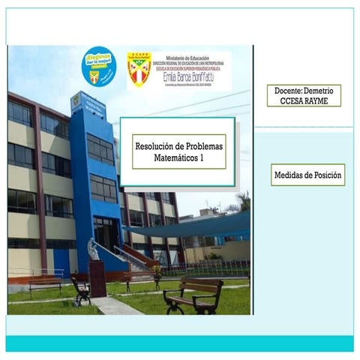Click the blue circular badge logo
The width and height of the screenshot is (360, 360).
click(98, 67)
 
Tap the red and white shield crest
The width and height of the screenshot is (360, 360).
click(139, 70)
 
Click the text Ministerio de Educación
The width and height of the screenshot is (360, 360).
click(190, 56)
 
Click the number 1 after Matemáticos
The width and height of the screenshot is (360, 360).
click(201, 159)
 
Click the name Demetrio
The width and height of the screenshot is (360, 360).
click(321, 90)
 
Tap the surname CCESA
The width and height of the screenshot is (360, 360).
click(290, 100)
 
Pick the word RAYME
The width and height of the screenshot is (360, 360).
click(318, 100)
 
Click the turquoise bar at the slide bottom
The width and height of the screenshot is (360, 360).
click(180, 343)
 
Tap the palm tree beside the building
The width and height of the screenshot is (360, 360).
click(243, 201)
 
